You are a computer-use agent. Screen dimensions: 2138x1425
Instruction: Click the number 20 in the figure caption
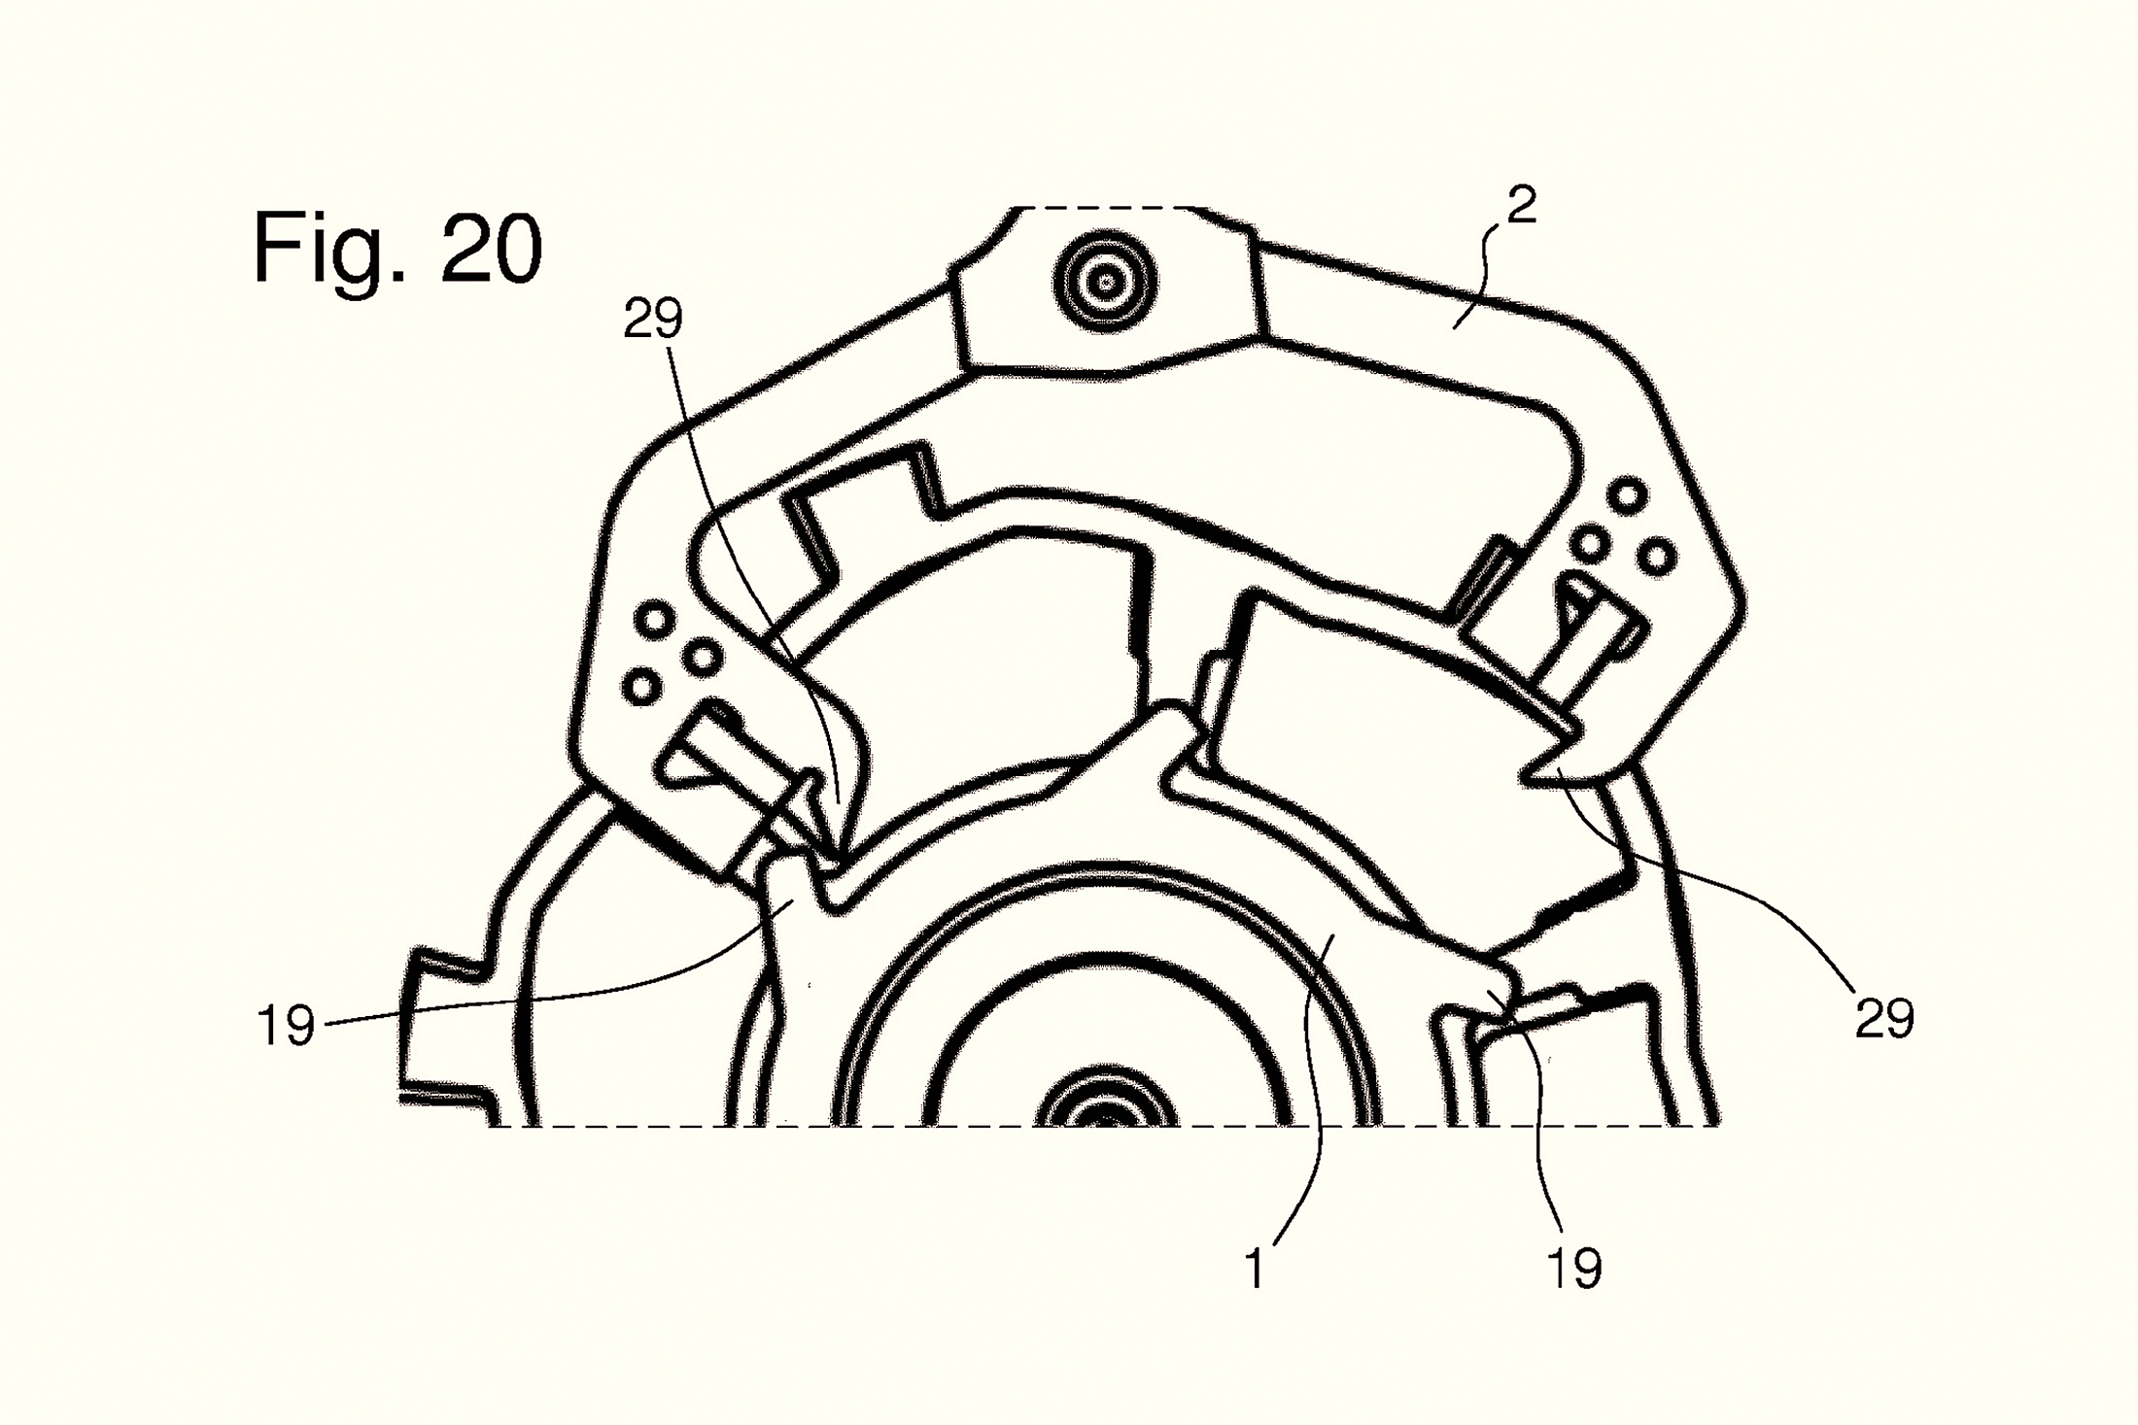click(x=492, y=249)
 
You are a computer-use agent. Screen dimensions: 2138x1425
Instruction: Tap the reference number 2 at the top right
click(x=1522, y=206)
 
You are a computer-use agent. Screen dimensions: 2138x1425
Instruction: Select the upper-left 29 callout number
click(x=653, y=319)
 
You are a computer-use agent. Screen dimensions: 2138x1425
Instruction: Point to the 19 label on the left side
click(x=286, y=1025)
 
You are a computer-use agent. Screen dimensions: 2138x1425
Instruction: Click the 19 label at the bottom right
click(x=1573, y=1269)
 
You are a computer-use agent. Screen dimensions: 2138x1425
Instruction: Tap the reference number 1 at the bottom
click(x=1256, y=1269)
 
